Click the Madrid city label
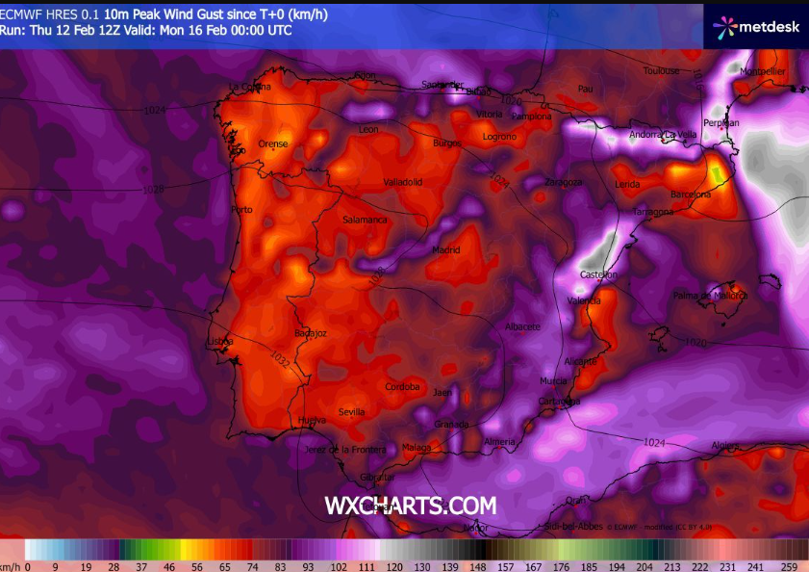tap(445, 249)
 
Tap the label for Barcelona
tap(690, 194)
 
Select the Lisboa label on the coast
tap(220, 342)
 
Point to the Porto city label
tap(241, 209)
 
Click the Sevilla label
tap(351, 412)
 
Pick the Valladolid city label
tap(403, 181)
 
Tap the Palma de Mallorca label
tap(710, 295)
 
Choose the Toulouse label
tap(661, 70)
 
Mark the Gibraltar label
tap(377, 477)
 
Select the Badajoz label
tap(311, 333)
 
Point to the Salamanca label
tap(365, 220)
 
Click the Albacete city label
tap(522, 326)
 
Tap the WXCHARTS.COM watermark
tap(411, 506)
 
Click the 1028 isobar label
tap(153, 190)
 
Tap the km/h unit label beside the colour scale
tap(11, 567)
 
